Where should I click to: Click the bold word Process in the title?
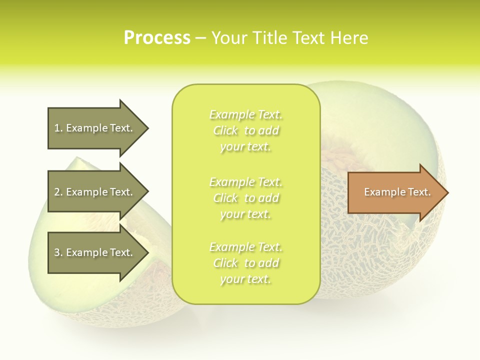coord(157,38)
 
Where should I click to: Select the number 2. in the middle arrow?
coord(58,192)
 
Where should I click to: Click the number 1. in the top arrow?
coord(58,128)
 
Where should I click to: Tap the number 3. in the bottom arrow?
coord(58,252)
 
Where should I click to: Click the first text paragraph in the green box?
coord(245,130)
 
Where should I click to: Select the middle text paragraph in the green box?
coord(245,198)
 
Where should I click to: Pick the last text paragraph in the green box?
coord(245,263)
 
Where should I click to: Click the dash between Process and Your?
coord(200,38)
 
